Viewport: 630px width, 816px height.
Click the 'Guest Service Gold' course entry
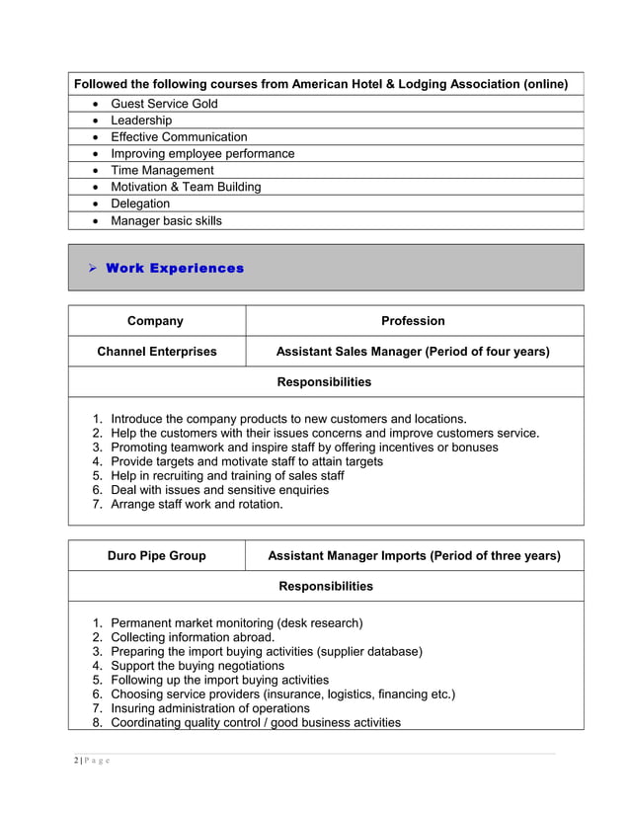pos(164,104)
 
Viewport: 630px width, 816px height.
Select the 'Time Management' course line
pos(162,170)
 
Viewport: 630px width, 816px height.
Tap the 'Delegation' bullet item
pos(140,204)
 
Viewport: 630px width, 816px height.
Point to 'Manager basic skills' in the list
pos(166,220)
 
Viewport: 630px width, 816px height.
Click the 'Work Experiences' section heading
pos(175,268)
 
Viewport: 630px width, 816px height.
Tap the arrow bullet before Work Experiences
pos(91,268)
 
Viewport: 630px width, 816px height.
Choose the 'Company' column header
pos(155,321)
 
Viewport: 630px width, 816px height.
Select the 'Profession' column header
pos(413,321)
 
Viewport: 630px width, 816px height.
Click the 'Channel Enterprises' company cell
pos(156,352)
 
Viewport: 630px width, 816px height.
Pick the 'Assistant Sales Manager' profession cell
pos(413,352)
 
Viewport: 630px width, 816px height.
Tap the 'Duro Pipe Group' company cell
pos(156,556)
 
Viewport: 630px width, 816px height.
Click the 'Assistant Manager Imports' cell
pos(414,556)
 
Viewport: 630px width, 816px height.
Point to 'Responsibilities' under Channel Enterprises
pos(325,381)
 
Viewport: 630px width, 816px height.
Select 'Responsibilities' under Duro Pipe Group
pos(326,587)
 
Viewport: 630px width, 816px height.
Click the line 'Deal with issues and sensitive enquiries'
pos(220,490)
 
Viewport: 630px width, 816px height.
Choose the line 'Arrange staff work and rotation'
pos(197,504)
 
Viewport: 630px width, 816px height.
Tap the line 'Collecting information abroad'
pos(193,637)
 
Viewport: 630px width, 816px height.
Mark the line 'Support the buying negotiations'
pos(197,666)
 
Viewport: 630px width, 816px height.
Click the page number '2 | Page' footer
pos(91,760)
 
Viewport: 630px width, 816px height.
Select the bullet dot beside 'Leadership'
pos(94,121)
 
